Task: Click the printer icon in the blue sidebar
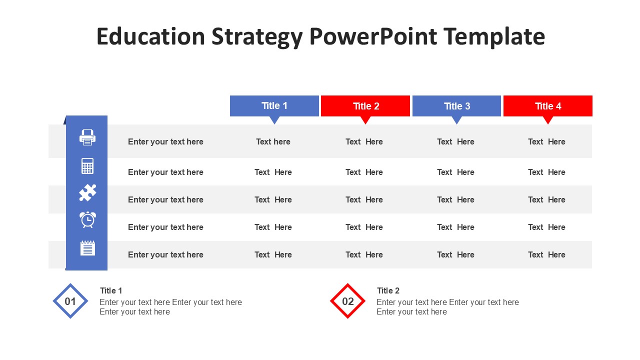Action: [87, 137]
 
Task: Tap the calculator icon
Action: [87, 165]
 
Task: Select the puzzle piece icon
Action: [87, 192]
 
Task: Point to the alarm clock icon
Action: [87, 219]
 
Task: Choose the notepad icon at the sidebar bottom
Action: [87, 247]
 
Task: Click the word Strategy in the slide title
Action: [257, 37]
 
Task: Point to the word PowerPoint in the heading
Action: [373, 36]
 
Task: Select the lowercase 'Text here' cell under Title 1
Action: [273, 141]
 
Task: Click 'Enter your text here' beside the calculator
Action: [165, 172]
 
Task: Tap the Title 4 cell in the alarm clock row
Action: [546, 227]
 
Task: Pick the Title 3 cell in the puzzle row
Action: [455, 199]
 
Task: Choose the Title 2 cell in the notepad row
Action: [364, 254]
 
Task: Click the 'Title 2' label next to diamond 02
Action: [388, 290]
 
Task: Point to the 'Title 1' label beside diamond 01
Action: [111, 290]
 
